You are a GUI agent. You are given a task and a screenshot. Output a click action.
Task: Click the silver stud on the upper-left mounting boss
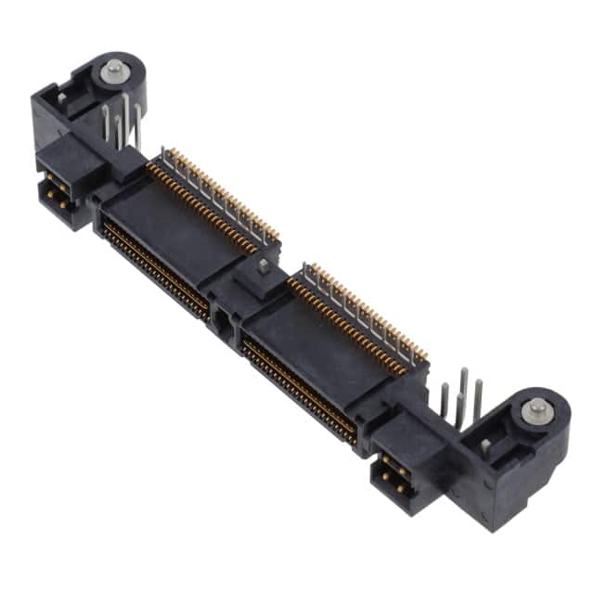click(114, 68)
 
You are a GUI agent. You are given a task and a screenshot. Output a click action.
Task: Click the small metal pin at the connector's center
click(264, 266)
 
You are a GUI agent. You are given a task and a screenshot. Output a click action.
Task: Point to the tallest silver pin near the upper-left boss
click(124, 112)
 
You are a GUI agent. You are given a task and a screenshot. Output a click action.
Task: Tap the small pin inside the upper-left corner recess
click(61, 97)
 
